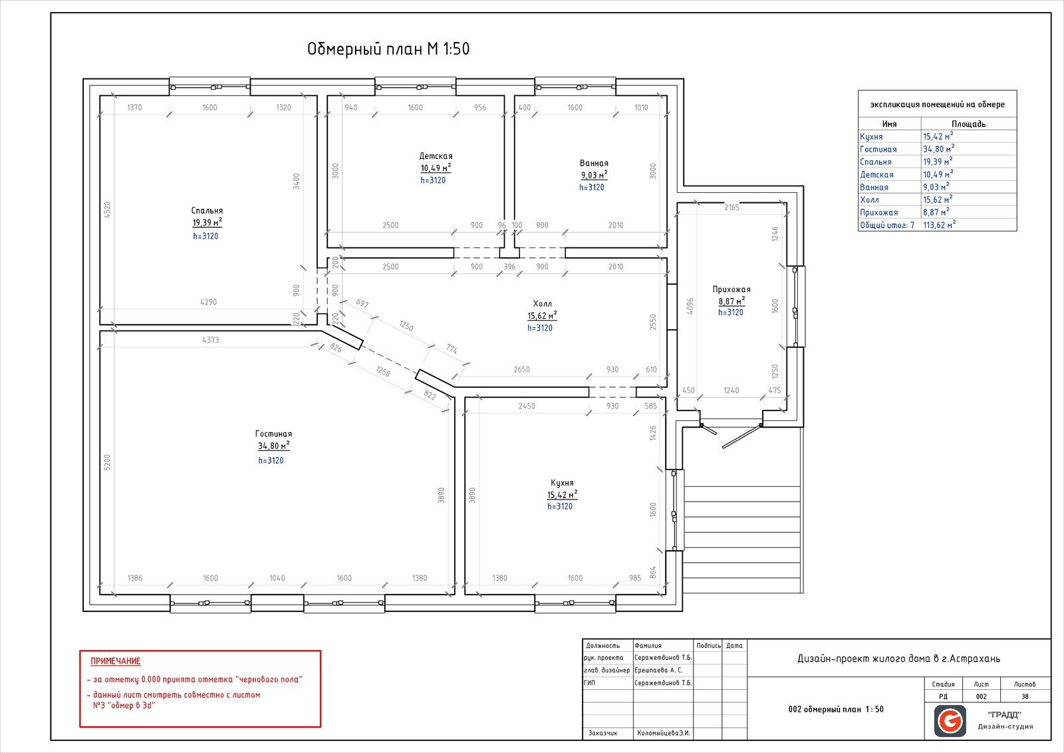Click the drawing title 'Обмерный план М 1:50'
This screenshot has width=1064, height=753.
[x=388, y=49]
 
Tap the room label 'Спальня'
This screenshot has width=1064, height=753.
[x=207, y=210]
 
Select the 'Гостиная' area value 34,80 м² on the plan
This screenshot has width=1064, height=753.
[x=273, y=446]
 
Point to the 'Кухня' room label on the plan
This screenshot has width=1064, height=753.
[x=562, y=483]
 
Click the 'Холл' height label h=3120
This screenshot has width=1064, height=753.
[x=540, y=328]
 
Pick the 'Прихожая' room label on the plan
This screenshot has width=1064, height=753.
[x=731, y=289]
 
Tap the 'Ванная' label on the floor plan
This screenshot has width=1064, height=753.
[x=594, y=163]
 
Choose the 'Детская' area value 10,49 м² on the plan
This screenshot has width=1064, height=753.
[x=436, y=168]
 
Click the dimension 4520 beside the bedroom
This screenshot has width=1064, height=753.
[x=107, y=210]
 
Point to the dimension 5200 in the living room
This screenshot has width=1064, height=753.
[x=107, y=462]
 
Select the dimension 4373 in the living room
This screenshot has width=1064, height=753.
[x=210, y=340]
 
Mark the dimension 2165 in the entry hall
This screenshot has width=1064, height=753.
[x=731, y=207]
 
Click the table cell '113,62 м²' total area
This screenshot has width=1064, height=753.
[x=939, y=225]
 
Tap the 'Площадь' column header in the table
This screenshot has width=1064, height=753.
[x=968, y=124]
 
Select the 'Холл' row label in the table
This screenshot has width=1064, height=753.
[x=869, y=200]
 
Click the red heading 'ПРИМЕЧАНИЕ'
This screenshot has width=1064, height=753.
[x=116, y=661]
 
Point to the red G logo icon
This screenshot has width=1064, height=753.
[x=950, y=721]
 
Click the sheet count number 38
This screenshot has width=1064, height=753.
[x=1025, y=696]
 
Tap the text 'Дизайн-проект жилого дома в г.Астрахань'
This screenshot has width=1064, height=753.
[x=898, y=659]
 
